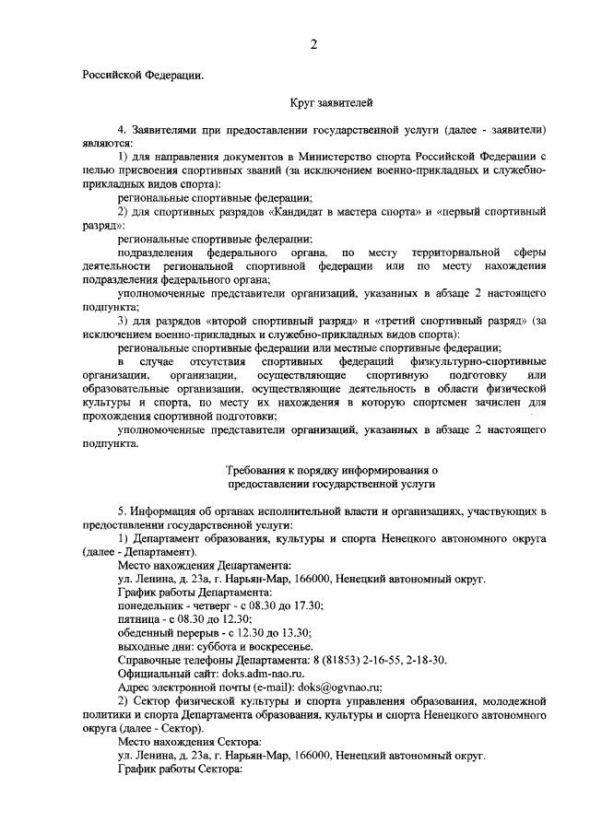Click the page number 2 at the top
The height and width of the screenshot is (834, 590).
pos(313,43)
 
